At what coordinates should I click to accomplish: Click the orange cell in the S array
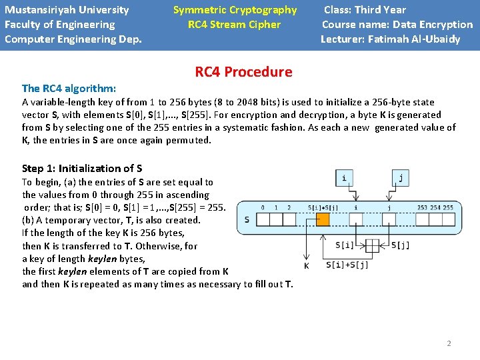323,219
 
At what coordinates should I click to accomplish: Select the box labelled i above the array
344,177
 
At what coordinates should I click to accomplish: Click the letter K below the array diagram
306,266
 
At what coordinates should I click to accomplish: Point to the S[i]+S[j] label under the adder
347,265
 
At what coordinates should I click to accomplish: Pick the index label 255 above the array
448,207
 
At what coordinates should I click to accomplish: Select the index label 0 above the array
263,207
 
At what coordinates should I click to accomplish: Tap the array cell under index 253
422,219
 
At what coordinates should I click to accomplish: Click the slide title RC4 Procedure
243,72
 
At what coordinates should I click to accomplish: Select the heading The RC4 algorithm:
69,88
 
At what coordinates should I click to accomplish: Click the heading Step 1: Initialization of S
82,168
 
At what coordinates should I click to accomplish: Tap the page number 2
449,343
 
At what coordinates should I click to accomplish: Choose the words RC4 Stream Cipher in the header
235,25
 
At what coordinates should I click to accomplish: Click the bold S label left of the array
247,219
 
